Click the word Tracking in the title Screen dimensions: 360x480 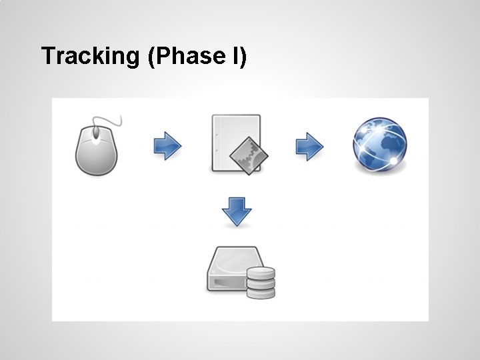click(x=88, y=57)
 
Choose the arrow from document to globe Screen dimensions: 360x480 click(x=309, y=145)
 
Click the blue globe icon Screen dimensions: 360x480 click(x=379, y=145)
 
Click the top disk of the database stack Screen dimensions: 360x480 click(x=261, y=272)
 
